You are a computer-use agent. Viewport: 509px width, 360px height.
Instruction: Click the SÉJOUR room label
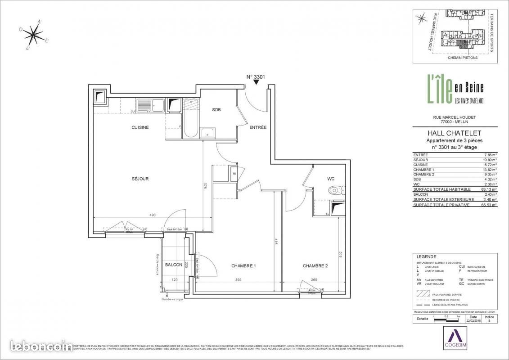click(140, 179)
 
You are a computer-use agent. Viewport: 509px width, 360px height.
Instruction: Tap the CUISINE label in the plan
click(140, 127)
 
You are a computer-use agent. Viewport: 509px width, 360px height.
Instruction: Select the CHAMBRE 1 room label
click(243, 266)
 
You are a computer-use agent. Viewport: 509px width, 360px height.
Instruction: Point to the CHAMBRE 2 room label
click(315, 266)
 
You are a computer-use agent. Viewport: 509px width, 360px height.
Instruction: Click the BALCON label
click(173, 265)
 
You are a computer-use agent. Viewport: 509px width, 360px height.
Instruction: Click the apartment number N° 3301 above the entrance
click(255, 77)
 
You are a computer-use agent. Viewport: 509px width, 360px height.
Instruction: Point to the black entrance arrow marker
click(257, 83)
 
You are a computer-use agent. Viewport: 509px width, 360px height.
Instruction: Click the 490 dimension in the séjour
click(153, 215)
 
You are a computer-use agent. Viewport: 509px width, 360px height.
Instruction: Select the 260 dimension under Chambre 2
click(315, 280)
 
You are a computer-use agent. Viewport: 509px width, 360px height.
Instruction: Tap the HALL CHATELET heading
click(455, 133)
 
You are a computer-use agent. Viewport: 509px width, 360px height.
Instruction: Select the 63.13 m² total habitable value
click(489, 189)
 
